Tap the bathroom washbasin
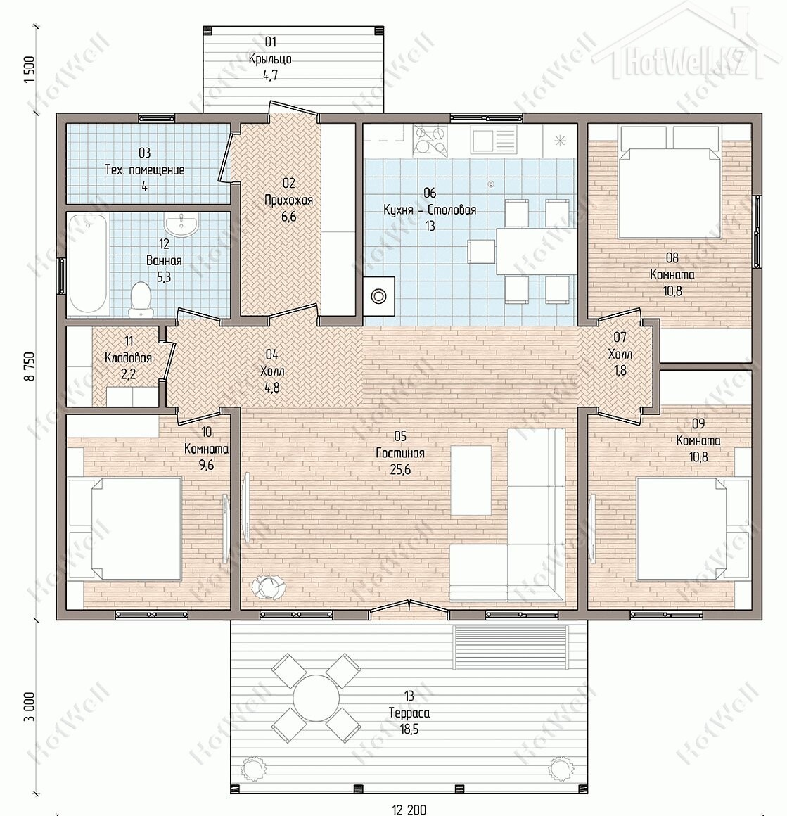pyautogui.click(x=181, y=225)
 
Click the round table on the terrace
pyautogui.click(x=316, y=697)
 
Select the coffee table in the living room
pyautogui.click(x=471, y=479)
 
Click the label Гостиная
pyautogui.click(x=400, y=453)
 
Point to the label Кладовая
pyautogui.click(x=129, y=358)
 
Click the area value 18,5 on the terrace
pyautogui.click(x=409, y=729)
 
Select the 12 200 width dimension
pyautogui.click(x=409, y=810)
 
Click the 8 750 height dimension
pyautogui.click(x=31, y=366)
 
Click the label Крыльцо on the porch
pyautogui.click(x=270, y=59)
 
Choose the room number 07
pyautogui.click(x=620, y=337)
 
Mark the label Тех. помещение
pyautogui.click(x=145, y=170)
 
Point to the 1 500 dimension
pyautogui.click(x=30, y=69)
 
